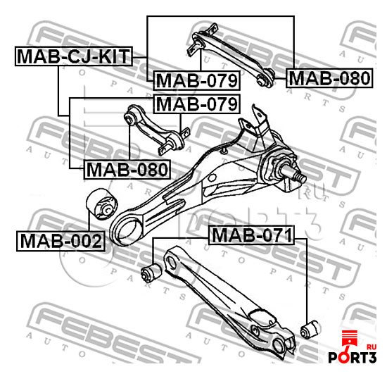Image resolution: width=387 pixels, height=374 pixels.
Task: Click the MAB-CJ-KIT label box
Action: click(x=74, y=56)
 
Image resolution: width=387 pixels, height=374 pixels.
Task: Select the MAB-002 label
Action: click(x=61, y=241)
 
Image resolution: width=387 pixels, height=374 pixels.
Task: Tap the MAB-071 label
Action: click(x=251, y=235)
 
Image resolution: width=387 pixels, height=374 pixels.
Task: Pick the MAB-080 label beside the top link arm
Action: click(x=329, y=78)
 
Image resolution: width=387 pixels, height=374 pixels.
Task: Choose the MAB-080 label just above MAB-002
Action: click(x=127, y=170)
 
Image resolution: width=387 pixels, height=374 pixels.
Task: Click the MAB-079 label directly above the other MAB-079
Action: click(x=196, y=80)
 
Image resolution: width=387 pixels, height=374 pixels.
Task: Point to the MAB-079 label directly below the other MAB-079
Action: click(x=196, y=104)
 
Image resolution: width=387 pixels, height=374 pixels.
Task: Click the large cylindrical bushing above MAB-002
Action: click(x=102, y=204)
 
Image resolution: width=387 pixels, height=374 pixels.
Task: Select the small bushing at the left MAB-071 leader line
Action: click(x=151, y=273)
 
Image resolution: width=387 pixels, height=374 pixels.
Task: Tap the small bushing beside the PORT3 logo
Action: click(x=310, y=330)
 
